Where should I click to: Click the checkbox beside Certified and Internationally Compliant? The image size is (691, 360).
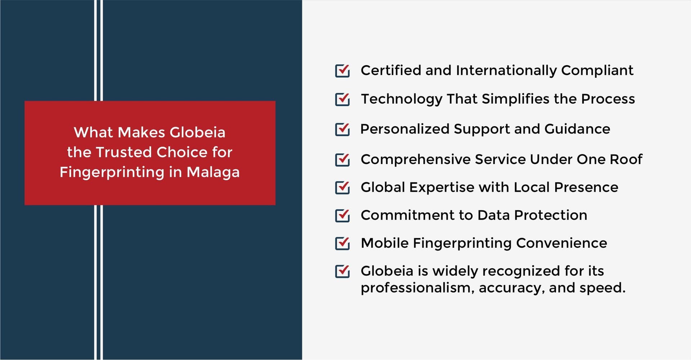coord(342,70)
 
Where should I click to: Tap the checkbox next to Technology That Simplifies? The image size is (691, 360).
coord(342,99)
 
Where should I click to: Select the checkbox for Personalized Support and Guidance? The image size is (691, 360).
coord(342,129)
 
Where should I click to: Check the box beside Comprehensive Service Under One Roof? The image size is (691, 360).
coord(342,159)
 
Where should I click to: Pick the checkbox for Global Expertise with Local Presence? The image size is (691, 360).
coord(342,187)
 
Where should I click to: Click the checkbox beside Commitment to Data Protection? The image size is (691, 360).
coord(342,215)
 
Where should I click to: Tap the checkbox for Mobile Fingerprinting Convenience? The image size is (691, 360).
coord(342,243)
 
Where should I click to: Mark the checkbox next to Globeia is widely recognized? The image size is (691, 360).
coord(342,271)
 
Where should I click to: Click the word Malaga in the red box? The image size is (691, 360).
coord(213,173)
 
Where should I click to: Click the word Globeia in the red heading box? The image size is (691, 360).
coord(198,132)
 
